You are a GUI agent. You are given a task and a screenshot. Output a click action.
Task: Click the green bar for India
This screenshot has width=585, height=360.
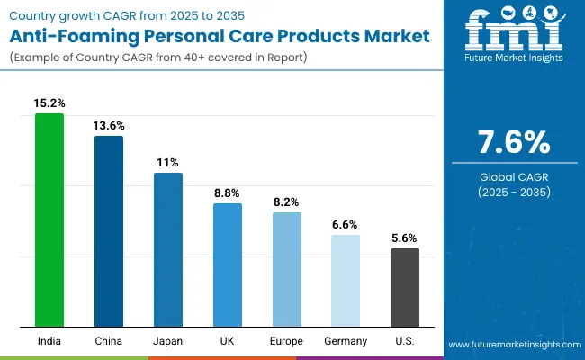(x=49, y=220)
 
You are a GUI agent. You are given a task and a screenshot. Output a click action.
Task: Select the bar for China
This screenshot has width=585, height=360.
(x=109, y=231)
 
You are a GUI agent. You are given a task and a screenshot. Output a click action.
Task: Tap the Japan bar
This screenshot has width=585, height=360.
(x=168, y=249)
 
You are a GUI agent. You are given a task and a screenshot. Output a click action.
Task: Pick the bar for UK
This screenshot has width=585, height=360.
(x=228, y=265)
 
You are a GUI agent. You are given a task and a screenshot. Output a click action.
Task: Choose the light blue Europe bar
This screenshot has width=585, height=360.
(x=287, y=269)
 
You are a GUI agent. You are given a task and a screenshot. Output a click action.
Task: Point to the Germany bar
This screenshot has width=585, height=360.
(x=346, y=281)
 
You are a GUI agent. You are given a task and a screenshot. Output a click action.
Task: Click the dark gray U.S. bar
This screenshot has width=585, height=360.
(x=405, y=287)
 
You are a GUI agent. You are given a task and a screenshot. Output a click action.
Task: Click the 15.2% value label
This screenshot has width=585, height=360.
(x=49, y=103)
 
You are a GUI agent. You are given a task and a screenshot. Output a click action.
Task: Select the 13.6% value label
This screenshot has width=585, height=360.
(x=109, y=125)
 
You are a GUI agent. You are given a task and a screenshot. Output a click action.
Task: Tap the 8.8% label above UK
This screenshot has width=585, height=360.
(x=228, y=193)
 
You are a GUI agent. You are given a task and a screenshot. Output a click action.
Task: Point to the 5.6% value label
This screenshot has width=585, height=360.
(x=405, y=238)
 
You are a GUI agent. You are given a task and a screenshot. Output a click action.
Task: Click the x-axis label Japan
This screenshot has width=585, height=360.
(x=168, y=341)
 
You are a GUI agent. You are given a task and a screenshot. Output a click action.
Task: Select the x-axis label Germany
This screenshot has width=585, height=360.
(x=346, y=341)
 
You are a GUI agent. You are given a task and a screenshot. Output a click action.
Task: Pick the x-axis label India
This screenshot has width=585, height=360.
(x=49, y=341)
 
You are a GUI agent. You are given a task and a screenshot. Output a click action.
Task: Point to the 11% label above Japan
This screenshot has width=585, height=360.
(x=168, y=163)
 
